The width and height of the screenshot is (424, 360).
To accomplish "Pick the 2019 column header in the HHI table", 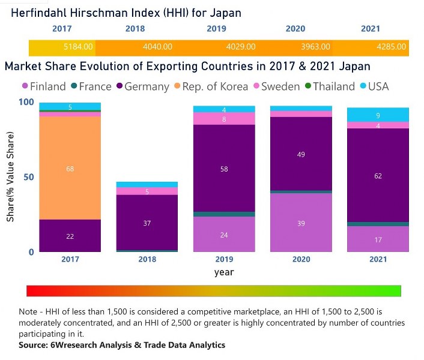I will (x=216, y=29).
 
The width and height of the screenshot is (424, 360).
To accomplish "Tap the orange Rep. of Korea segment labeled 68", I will (x=70, y=169).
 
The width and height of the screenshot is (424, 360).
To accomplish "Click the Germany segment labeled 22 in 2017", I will (x=70, y=236).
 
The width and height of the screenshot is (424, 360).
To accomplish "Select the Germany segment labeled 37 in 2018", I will (x=147, y=223).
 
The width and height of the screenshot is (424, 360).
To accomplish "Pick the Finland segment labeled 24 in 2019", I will (x=224, y=235).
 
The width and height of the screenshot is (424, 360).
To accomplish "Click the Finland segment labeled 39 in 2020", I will (x=301, y=223).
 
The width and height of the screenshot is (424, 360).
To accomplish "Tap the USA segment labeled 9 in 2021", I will (x=378, y=115).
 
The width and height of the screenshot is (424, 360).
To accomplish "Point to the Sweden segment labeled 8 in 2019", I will (x=224, y=119).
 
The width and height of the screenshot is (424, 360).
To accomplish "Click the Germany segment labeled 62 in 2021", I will (x=378, y=176).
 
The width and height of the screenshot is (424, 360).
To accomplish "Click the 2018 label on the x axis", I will (x=147, y=260).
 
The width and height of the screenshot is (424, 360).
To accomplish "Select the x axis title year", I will (x=224, y=272).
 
